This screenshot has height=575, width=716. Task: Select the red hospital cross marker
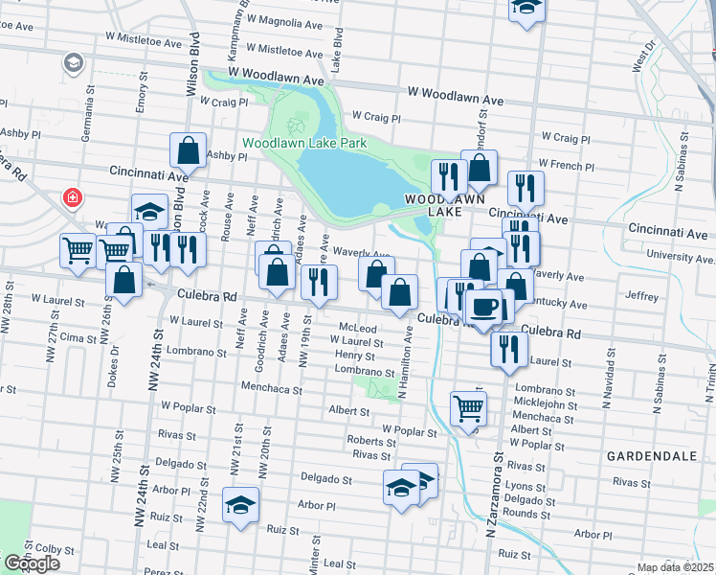pos(72,198)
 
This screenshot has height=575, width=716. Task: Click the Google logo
pos(31,563)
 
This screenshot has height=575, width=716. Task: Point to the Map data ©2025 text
pos(676,567)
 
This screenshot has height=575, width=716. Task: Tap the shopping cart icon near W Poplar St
pos(468,407)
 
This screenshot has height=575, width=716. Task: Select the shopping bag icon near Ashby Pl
pos(189,149)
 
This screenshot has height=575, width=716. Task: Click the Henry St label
pos(355,356)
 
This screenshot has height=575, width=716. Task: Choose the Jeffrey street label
pos(640,297)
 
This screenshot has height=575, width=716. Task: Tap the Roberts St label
pos(371,442)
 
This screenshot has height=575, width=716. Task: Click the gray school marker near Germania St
pos(72,63)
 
